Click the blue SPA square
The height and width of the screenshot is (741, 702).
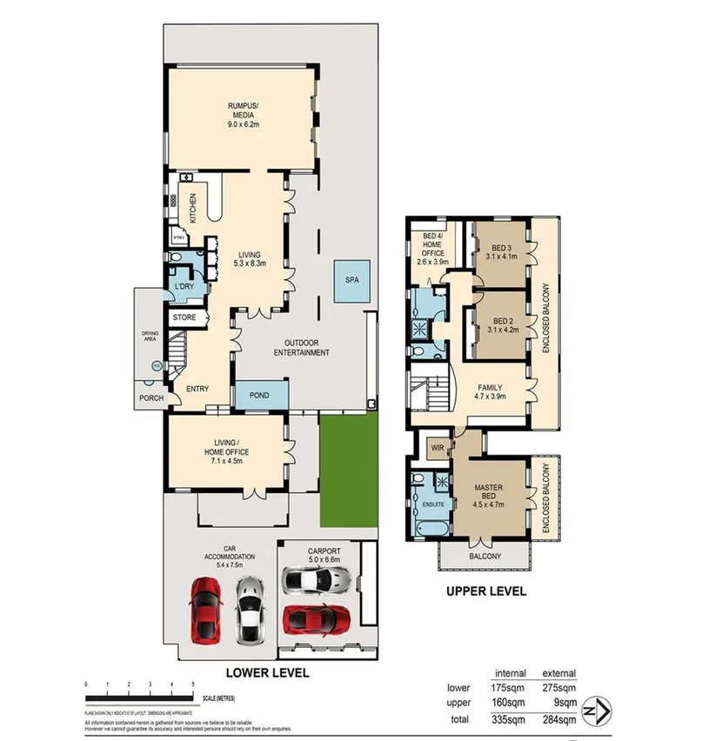pyautogui.click(x=351, y=282)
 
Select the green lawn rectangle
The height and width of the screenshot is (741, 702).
pyautogui.click(x=350, y=471)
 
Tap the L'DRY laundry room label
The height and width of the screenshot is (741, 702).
pyautogui.click(x=184, y=286)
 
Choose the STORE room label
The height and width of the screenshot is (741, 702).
pyautogui.click(x=184, y=317)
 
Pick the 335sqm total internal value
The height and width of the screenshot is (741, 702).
pyautogui.click(x=508, y=719)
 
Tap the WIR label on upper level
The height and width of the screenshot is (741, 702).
pyautogui.click(x=438, y=448)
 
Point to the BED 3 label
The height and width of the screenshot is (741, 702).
pyautogui.click(x=498, y=248)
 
